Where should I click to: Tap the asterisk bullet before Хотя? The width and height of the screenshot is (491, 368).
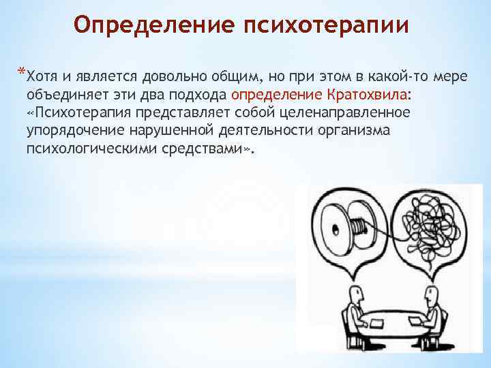(x=23, y=72)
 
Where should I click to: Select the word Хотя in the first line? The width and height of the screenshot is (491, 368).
(x=46, y=76)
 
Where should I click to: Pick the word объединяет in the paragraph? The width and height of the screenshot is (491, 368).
(x=64, y=93)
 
